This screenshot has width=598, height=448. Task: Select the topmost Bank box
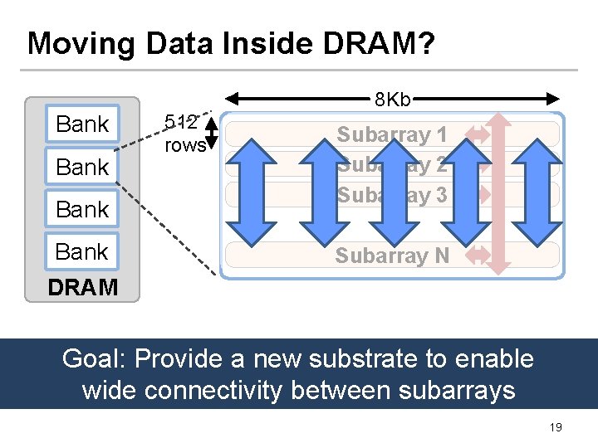point(82,124)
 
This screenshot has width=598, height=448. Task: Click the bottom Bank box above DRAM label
point(82,251)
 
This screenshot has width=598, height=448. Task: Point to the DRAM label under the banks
point(82,288)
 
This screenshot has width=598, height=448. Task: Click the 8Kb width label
point(392,100)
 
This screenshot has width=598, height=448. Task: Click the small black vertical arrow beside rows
point(211,134)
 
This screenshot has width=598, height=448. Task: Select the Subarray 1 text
point(392,134)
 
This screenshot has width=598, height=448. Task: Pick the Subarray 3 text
point(392,196)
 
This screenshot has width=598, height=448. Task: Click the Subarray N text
point(392,256)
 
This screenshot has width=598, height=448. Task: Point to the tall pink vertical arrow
point(499,192)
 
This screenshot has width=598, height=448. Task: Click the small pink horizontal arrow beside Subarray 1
point(479,133)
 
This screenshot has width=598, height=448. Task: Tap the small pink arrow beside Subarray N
point(479,256)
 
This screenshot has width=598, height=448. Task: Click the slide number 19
point(556,427)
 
